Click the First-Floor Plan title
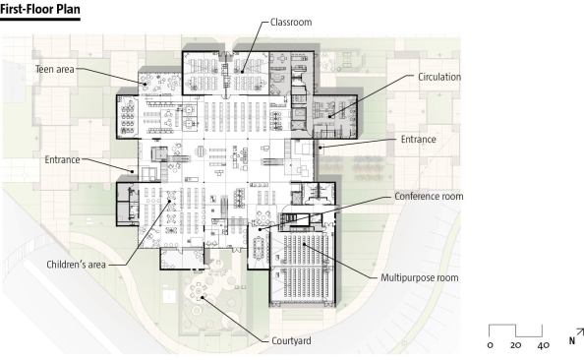point(40,9)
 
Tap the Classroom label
point(291,22)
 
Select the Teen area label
point(55,69)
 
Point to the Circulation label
point(439,77)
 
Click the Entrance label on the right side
point(418,140)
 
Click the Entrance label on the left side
point(62,159)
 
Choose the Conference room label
point(429,196)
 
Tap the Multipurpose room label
point(420,277)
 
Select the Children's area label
point(76,265)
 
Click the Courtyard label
point(291,340)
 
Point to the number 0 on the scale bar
point(491,345)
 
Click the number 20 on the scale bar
point(515,345)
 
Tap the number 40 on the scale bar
point(544,345)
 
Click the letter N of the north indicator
point(571,340)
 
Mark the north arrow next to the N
point(580,332)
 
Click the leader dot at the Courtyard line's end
point(203,297)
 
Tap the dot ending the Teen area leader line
point(145,85)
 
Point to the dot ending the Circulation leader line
point(329,117)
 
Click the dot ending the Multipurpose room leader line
point(305,244)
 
